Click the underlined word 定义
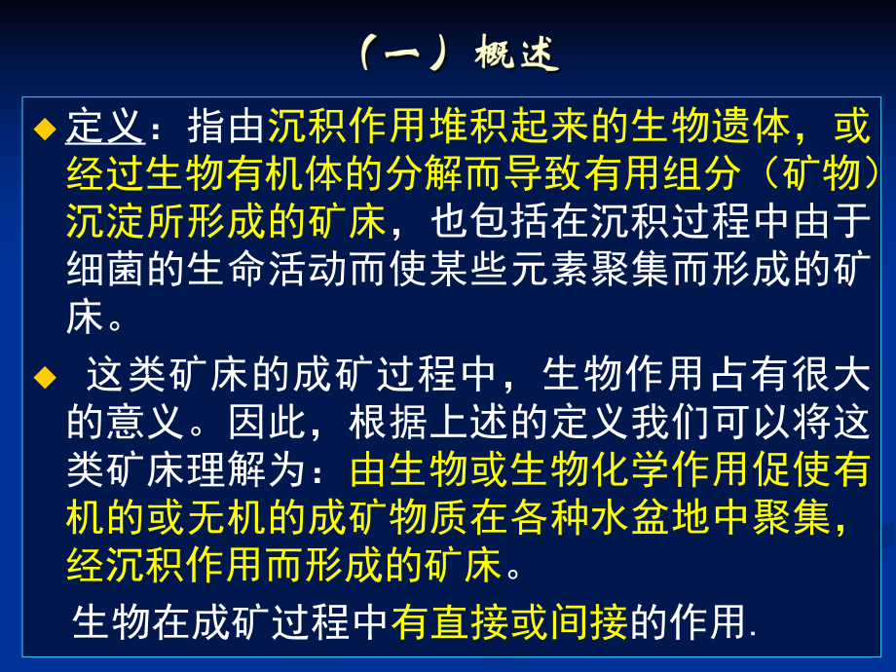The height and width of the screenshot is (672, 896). [x=105, y=129]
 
